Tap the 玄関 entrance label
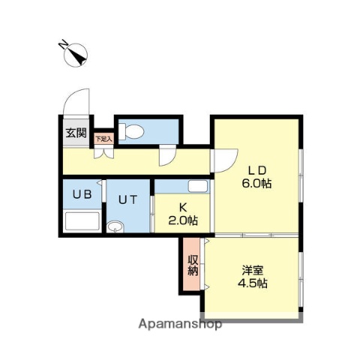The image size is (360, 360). [75, 135]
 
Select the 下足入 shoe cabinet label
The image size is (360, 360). [103, 138]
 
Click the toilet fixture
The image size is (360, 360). [130, 130]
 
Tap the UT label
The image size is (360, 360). [126, 199]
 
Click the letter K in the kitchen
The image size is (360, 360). [182, 208]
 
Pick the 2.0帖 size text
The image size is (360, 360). [182, 220]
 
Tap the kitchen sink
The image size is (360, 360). [196, 187]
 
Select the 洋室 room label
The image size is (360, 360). [253, 270]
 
